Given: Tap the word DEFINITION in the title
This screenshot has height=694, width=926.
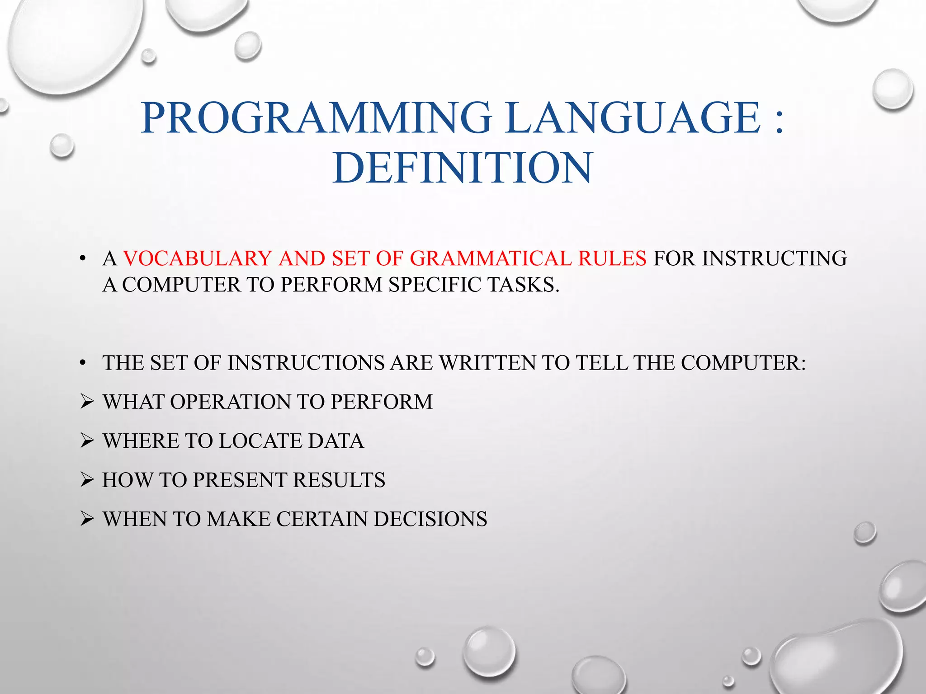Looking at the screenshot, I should (462, 168).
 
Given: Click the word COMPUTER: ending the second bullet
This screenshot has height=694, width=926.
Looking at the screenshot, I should (743, 363).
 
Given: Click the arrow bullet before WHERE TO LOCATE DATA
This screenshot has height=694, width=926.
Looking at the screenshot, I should (87, 441).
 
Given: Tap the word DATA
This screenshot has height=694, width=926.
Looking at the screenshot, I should (335, 441).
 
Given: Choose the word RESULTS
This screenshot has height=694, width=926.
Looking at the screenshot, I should (339, 480).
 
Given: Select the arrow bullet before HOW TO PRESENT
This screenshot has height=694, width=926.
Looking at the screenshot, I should (87, 480).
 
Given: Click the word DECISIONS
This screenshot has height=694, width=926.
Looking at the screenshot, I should (430, 519).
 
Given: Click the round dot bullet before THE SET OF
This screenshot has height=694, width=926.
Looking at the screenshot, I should (82, 363).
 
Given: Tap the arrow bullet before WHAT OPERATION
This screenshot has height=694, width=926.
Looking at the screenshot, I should (87, 401).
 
